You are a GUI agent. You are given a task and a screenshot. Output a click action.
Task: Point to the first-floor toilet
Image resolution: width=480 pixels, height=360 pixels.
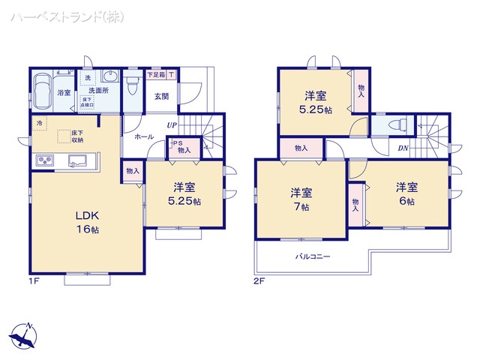pos(133,84)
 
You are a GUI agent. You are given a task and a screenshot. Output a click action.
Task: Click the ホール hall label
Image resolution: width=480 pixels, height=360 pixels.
pos(144,136)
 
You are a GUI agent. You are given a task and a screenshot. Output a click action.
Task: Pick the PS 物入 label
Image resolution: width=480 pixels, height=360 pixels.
pos(182,148)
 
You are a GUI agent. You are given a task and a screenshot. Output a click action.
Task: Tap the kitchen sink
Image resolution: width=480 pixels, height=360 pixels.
pos(77,160)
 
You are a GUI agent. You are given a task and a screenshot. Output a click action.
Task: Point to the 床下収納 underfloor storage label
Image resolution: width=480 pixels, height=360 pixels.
pos(77,136)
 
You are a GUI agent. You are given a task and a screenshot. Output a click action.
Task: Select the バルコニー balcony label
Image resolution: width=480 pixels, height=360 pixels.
pos(312,256)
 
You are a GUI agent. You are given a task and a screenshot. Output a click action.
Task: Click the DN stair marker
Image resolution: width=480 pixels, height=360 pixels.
pos(403,148)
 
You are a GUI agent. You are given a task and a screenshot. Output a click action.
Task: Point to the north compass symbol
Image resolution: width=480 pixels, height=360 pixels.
pos(24,334)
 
